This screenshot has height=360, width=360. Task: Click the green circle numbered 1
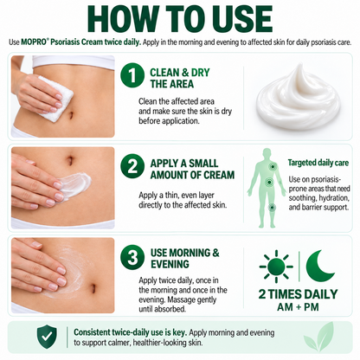(x=132, y=75)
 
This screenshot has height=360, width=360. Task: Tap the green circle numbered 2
(x=132, y=167)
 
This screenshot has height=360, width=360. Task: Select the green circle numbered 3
(x=132, y=257)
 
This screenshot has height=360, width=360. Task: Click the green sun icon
(x=276, y=267)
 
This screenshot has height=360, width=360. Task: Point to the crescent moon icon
(x=318, y=266)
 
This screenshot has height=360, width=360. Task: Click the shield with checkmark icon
(x=47, y=337)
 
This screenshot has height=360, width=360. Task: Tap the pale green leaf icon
(x=319, y=337)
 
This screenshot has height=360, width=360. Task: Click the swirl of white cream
(x=298, y=93)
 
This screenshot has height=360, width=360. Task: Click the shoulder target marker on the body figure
(x=272, y=166)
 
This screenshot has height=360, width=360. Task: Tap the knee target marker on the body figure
(x=272, y=207)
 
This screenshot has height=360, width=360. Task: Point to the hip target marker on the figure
(x=269, y=183)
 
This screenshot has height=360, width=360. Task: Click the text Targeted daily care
(x=318, y=163)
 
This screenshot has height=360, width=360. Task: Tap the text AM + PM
(x=298, y=307)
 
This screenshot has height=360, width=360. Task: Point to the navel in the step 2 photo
(x=70, y=159)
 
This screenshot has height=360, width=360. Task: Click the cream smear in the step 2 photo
(x=75, y=184)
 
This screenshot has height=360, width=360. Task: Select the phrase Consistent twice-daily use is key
(x=131, y=332)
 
